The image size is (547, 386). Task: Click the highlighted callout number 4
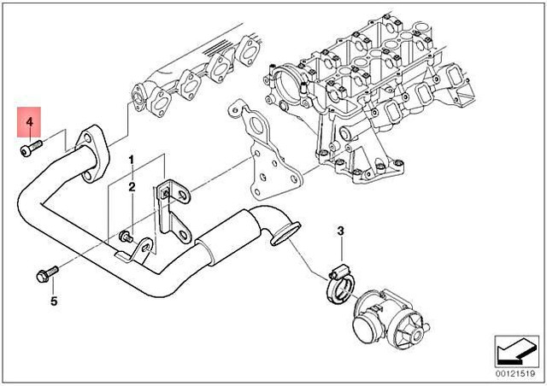coord(29,124)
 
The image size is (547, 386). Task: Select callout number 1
coord(132,161)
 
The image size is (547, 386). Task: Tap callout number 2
coord(132,187)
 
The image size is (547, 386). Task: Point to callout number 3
coord(339,231)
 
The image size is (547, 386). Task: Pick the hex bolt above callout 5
coord(43,274)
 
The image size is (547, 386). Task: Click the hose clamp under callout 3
coord(338,282)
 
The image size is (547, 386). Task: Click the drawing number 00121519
coord(511,373)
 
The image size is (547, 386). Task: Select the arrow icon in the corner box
coord(511,351)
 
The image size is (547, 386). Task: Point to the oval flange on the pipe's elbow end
coord(282,233)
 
